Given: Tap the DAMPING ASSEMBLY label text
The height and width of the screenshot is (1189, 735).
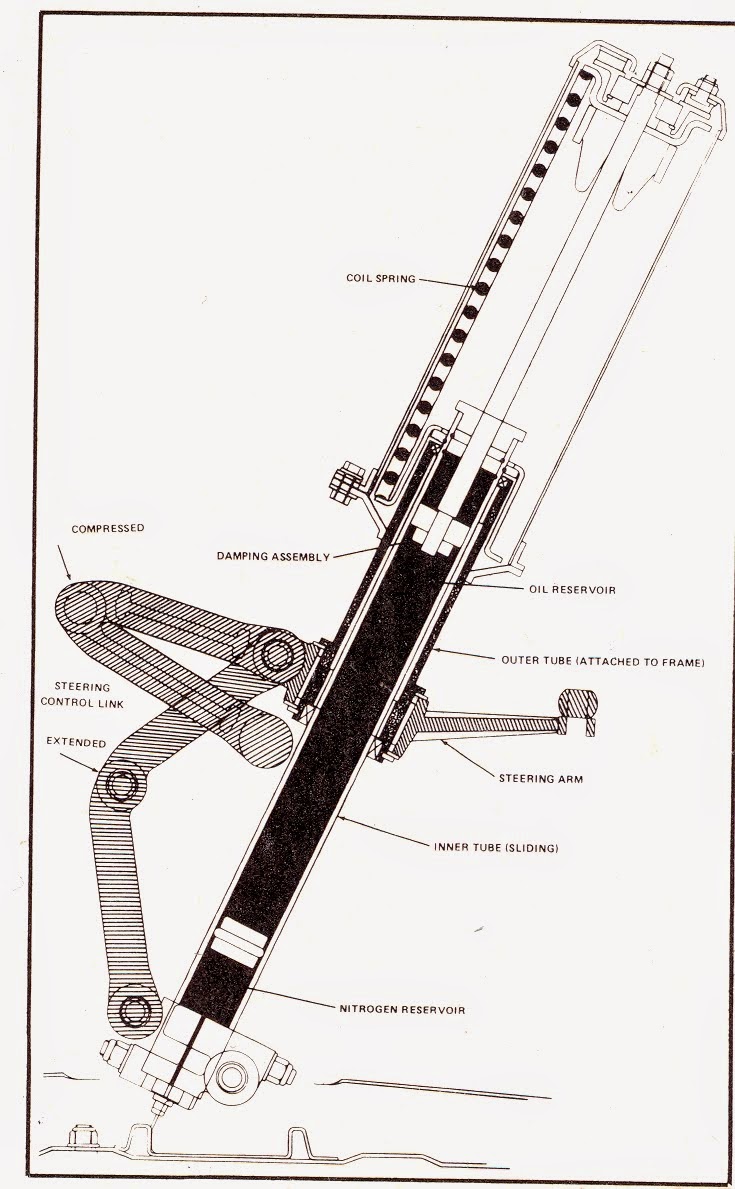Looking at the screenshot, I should [272, 557].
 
